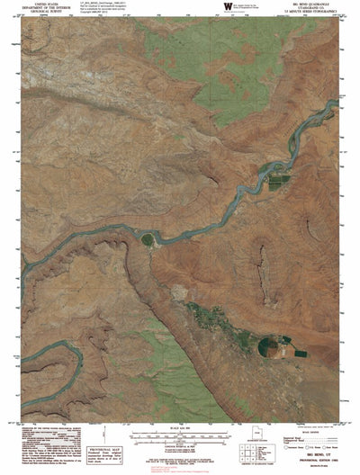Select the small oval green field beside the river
coord(146,238)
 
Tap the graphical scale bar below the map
coord(180,434)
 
